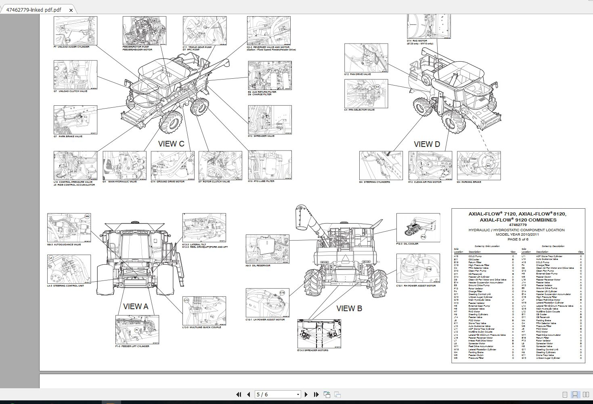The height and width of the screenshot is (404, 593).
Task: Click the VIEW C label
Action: click(x=171, y=144)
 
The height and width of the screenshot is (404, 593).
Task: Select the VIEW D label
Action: click(x=427, y=144)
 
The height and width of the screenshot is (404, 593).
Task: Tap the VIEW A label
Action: click(x=136, y=306)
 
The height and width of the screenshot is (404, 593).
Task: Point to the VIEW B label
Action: click(x=349, y=308)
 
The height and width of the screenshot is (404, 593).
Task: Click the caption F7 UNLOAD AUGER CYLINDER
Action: click(x=71, y=47)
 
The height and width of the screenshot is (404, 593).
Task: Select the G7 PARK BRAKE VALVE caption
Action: click(x=68, y=136)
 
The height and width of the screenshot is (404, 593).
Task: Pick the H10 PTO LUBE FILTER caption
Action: click(x=261, y=181)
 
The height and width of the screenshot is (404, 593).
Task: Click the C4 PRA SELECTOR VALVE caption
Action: click(x=359, y=110)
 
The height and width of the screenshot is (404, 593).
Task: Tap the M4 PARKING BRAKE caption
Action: click(x=469, y=182)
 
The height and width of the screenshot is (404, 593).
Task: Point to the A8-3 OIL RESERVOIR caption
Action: click(x=258, y=266)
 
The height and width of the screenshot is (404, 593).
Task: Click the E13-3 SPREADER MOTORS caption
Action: click(x=313, y=350)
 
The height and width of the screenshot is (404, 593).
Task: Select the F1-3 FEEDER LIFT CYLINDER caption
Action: click(x=132, y=346)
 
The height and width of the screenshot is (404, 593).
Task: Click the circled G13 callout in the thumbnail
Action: click(x=68, y=40)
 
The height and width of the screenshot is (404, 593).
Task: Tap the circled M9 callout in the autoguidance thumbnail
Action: click(x=87, y=217)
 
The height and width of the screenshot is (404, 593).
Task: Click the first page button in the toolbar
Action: click(x=239, y=394)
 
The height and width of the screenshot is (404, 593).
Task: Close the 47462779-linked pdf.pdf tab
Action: click(x=71, y=10)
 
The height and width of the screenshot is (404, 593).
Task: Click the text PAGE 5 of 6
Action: click(x=518, y=239)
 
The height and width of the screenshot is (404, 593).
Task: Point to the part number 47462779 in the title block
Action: click(x=518, y=225)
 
